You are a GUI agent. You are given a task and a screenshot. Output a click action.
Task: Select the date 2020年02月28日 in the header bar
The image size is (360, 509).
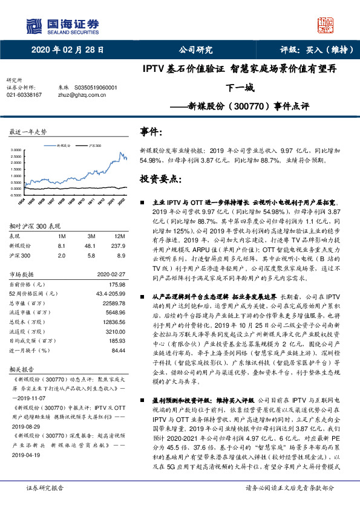(x=67, y=50)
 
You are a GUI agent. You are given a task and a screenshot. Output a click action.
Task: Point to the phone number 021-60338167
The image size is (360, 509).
(x=24, y=95)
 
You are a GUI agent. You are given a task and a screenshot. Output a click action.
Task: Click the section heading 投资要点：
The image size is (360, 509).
(x=160, y=179)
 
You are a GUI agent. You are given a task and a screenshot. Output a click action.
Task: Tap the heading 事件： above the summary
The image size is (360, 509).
(x=151, y=131)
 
